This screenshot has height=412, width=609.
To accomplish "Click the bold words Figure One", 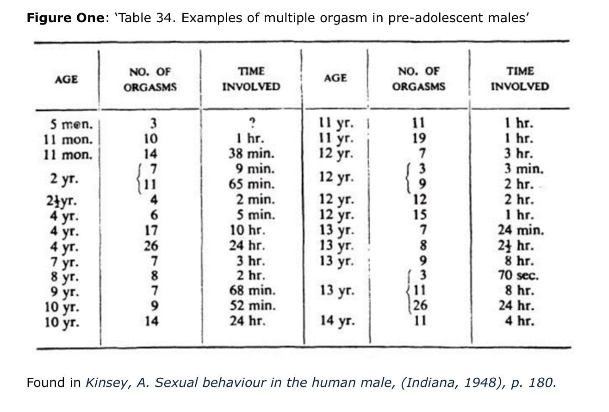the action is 66,18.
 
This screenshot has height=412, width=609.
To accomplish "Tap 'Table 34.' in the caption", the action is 146,18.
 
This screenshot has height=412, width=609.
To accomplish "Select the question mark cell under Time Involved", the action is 253,123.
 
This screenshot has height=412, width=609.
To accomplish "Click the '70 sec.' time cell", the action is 518,275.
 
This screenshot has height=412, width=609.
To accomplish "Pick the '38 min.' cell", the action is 251,154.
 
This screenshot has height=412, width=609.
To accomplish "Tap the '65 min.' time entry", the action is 251,184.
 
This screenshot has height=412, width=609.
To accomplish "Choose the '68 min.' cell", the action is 252,290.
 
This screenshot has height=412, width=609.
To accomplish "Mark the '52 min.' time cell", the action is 253,306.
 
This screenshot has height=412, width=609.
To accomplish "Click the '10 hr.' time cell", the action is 247,231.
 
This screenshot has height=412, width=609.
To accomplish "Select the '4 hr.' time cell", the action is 520,321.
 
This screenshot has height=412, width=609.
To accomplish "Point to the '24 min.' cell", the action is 521,230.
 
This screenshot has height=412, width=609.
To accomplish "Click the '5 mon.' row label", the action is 71,125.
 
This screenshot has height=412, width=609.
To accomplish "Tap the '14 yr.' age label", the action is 337,321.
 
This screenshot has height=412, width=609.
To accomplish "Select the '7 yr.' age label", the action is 64,262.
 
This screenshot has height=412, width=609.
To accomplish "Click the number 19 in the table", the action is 419,138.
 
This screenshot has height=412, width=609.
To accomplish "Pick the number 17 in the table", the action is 151,231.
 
